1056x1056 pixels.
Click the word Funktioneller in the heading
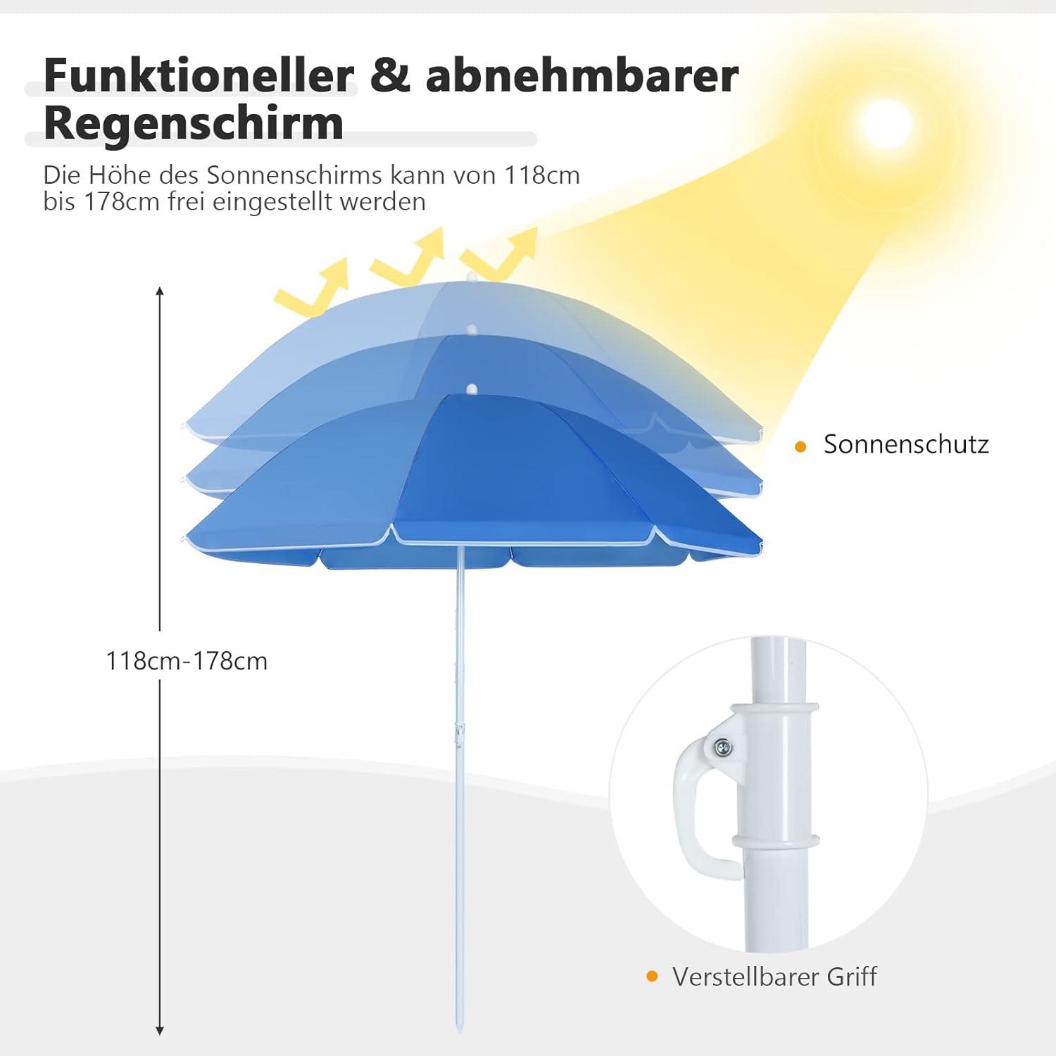pyautogui.click(x=199, y=75)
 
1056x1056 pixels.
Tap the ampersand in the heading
pyautogui.click(x=389, y=75)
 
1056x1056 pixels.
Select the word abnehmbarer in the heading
pyautogui.click(x=582, y=75)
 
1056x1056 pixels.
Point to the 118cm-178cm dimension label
pyautogui.click(x=187, y=662)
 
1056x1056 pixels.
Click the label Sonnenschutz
pyautogui.click(x=906, y=444)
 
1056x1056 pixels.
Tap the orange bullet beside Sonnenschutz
pyautogui.click(x=800, y=446)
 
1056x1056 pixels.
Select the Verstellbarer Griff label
pyautogui.click(x=774, y=977)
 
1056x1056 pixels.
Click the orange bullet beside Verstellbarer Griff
pyautogui.click(x=652, y=976)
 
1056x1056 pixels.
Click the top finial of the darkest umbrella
pyautogui.click(x=472, y=389)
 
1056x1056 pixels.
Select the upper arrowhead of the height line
pyautogui.click(x=160, y=291)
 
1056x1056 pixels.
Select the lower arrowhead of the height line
pyautogui.click(x=160, y=1031)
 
